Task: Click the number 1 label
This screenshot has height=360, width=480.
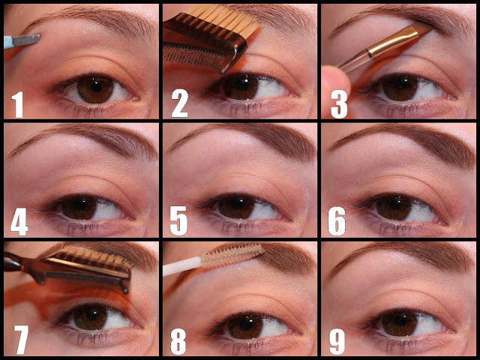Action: coord(18,105)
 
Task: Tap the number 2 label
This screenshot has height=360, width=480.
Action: coord(180,104)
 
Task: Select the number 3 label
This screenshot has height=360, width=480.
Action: coord(339,104)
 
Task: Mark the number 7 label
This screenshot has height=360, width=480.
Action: coord(21,340)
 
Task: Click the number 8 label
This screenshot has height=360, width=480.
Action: coord(178,341)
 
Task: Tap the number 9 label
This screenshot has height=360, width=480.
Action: coord(337,340)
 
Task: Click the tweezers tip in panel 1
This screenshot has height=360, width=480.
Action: coord(38,37)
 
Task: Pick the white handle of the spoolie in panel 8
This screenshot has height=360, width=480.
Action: coord(181,265)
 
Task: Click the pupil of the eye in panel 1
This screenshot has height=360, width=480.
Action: coord(96,87)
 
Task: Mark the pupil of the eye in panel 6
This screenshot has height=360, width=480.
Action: coord(394,203)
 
